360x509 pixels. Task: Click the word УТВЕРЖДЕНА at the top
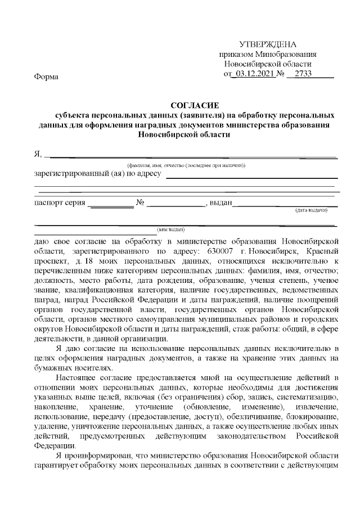(268, 44)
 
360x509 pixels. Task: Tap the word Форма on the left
(47, 76)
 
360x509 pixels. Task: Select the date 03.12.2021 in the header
(256, 74)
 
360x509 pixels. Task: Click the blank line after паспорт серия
(111, 203)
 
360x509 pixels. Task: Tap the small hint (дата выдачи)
(312, 210)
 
